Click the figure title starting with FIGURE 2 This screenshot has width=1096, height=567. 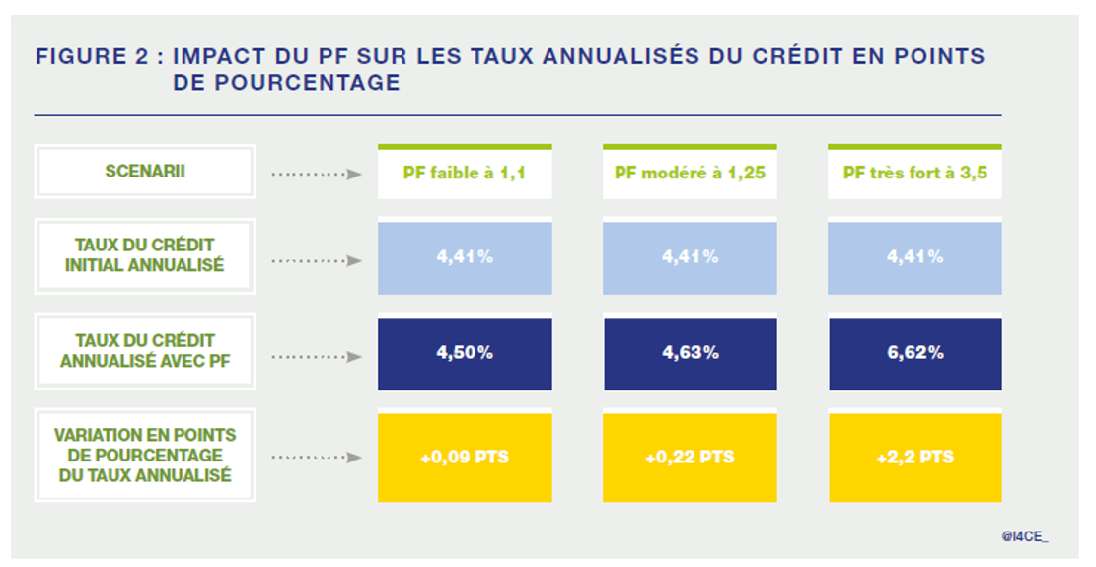tap(509, 69)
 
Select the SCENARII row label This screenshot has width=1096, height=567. tap(145, 172)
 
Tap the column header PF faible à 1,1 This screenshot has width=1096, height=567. tap(465, 173)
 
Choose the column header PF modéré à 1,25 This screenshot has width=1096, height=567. tap(690, 173)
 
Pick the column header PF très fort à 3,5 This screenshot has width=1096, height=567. tap(914, 173)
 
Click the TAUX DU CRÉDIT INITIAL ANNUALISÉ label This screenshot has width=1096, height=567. tap(145, 255)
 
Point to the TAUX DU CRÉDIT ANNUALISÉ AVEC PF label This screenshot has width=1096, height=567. tap(145, 351)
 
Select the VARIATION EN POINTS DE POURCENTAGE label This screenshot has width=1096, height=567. tap(145, 455)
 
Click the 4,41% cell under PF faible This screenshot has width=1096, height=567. tap(465, 257)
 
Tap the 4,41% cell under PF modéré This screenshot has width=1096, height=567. tap(690, 257)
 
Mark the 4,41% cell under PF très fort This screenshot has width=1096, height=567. tap(914, 257)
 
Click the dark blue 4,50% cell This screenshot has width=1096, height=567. tap(465, 353)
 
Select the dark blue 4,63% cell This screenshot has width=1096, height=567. tap(690, 353)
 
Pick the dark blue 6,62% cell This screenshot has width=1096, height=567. tap(914, 353)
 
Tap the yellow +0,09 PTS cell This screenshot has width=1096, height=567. tap(465, 458)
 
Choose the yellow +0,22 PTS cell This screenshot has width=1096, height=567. tap(690, 458)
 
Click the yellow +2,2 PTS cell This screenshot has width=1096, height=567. tap(914, 458)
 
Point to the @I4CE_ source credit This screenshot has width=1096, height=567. tap(1025, 535)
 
